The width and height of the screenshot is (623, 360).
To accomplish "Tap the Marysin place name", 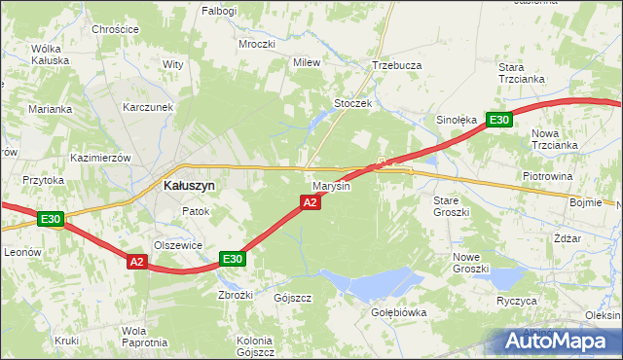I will (331, 185).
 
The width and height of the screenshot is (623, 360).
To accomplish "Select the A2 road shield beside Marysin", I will (310, 202).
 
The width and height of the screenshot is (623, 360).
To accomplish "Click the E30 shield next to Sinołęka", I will (498, 120).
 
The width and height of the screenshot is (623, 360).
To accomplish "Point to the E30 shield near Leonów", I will (52, 220).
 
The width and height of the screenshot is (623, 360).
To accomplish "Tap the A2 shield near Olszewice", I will (136, 261).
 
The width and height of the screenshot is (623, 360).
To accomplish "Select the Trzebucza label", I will (396, 65).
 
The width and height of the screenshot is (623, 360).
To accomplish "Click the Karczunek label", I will (148, 107).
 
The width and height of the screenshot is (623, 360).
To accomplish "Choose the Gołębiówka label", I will (399, 312).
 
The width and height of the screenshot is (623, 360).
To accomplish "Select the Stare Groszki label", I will (451, 205).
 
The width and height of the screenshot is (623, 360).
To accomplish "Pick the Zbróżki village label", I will (237, 295).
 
